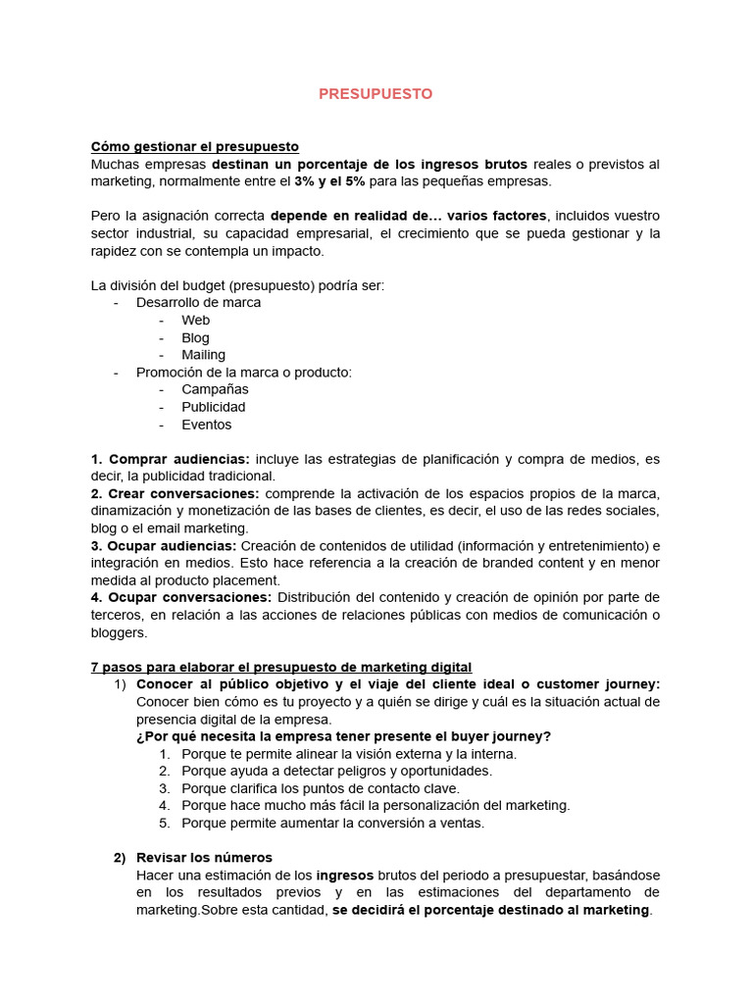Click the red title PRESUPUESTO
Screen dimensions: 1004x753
click(x=376, y=94)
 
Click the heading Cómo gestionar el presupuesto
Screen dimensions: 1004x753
click(x=194, y=146)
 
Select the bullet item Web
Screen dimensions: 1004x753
click(x=195, y=320)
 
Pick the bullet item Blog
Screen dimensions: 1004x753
click(x=195, y=337)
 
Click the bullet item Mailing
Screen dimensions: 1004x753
click(x=203, y=355)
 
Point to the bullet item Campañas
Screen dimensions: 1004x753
click(x=215, y=389)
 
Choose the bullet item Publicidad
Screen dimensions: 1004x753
click(x=213, y=407)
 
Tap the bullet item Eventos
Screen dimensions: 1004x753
click(x=206, y=425)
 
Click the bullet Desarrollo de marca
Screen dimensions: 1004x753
click(x=198, y=302)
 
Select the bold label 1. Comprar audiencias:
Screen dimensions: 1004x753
click(x=171, y=459)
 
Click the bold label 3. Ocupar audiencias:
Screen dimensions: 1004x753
click(x=164, y=545)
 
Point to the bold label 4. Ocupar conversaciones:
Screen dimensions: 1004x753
click(x=181, y=597)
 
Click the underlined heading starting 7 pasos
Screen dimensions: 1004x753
click(x=281, y=667)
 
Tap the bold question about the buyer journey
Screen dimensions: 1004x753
click(x=343, y=736)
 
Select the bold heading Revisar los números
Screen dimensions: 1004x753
click(x=204, y=858)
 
